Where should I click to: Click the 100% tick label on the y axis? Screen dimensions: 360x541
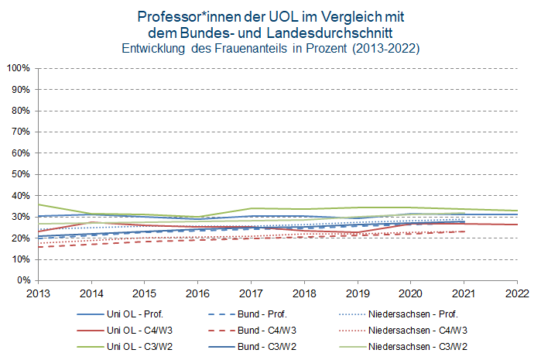tap(17, 68)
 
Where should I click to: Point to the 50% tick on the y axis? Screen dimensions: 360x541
tap(19, 174)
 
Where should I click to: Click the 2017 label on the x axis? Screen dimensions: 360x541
tap(251, 293)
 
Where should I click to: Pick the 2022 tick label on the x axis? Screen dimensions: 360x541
tap(518, 293)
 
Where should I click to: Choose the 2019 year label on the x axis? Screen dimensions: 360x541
tap(358, 293)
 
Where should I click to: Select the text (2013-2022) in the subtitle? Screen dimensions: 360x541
tap(385, 49)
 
